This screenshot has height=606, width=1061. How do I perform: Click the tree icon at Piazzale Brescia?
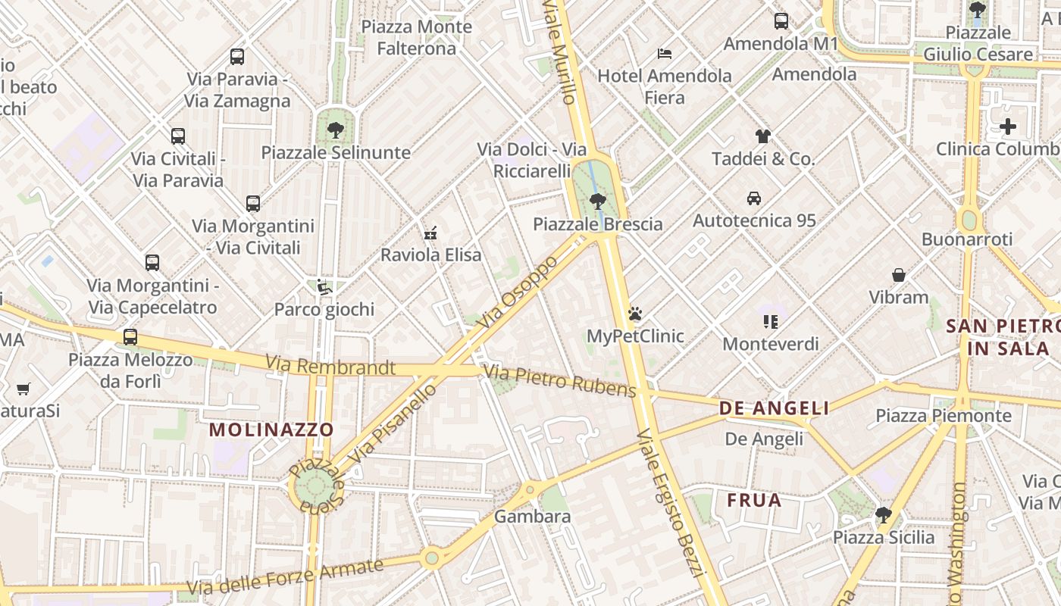point(597,201)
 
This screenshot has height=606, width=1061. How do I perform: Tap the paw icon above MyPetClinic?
point(635,313)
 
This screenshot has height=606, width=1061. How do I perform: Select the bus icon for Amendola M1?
point(781,21)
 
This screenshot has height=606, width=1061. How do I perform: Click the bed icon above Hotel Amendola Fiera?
point(665,53)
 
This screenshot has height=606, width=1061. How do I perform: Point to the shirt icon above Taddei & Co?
point(762,136)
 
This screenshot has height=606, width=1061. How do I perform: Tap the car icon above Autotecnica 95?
point(754,198)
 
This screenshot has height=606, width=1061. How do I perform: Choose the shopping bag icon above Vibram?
point(899,274)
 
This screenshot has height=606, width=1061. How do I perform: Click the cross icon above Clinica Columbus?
point(1007,127)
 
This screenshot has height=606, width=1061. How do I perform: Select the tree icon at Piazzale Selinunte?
point(335,130)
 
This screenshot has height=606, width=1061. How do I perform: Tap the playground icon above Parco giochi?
point(324,286)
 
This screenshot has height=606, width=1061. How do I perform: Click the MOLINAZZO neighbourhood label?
point(271,430)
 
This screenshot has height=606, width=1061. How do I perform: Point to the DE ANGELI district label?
point(774,408)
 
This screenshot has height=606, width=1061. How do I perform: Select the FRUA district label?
point(754,501)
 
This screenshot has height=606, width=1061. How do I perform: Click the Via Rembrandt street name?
point(330,367)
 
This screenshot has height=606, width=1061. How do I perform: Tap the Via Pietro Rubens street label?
point(560,381)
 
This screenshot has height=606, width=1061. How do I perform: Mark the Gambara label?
point(532,517)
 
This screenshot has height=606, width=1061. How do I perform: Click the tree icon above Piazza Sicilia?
point(883,515)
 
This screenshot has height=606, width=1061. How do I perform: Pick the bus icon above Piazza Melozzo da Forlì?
point(130,336)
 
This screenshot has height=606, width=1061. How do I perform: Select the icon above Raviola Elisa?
point(430,233)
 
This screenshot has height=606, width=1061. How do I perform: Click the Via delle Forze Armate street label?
point(286,575)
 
